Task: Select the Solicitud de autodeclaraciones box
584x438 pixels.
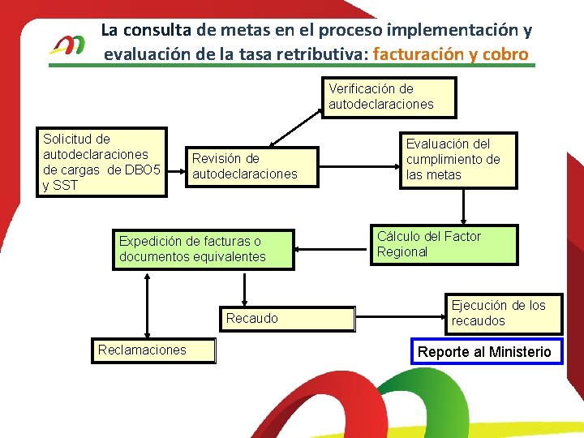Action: point(104,162)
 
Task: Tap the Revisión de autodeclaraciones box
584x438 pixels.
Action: point(251,166)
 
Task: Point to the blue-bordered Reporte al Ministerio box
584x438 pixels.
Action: point(486,351)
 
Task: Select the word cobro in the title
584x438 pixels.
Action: point(506,55)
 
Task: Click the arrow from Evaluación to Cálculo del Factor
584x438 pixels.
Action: point(463,207)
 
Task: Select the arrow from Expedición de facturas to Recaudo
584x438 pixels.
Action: point(244,288)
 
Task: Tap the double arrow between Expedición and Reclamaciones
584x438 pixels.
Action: point(147,304)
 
